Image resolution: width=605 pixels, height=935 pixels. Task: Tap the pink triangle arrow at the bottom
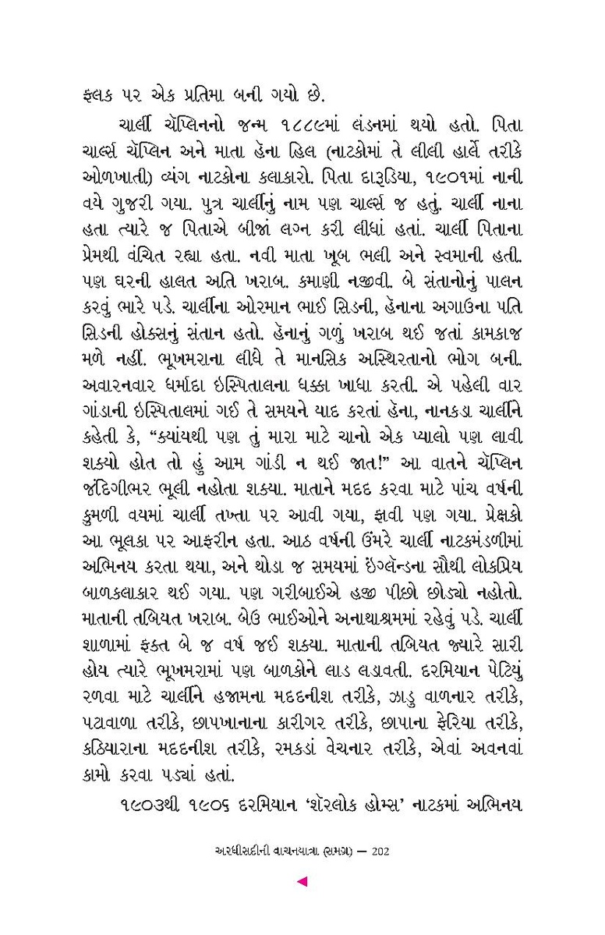(302, 882)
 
